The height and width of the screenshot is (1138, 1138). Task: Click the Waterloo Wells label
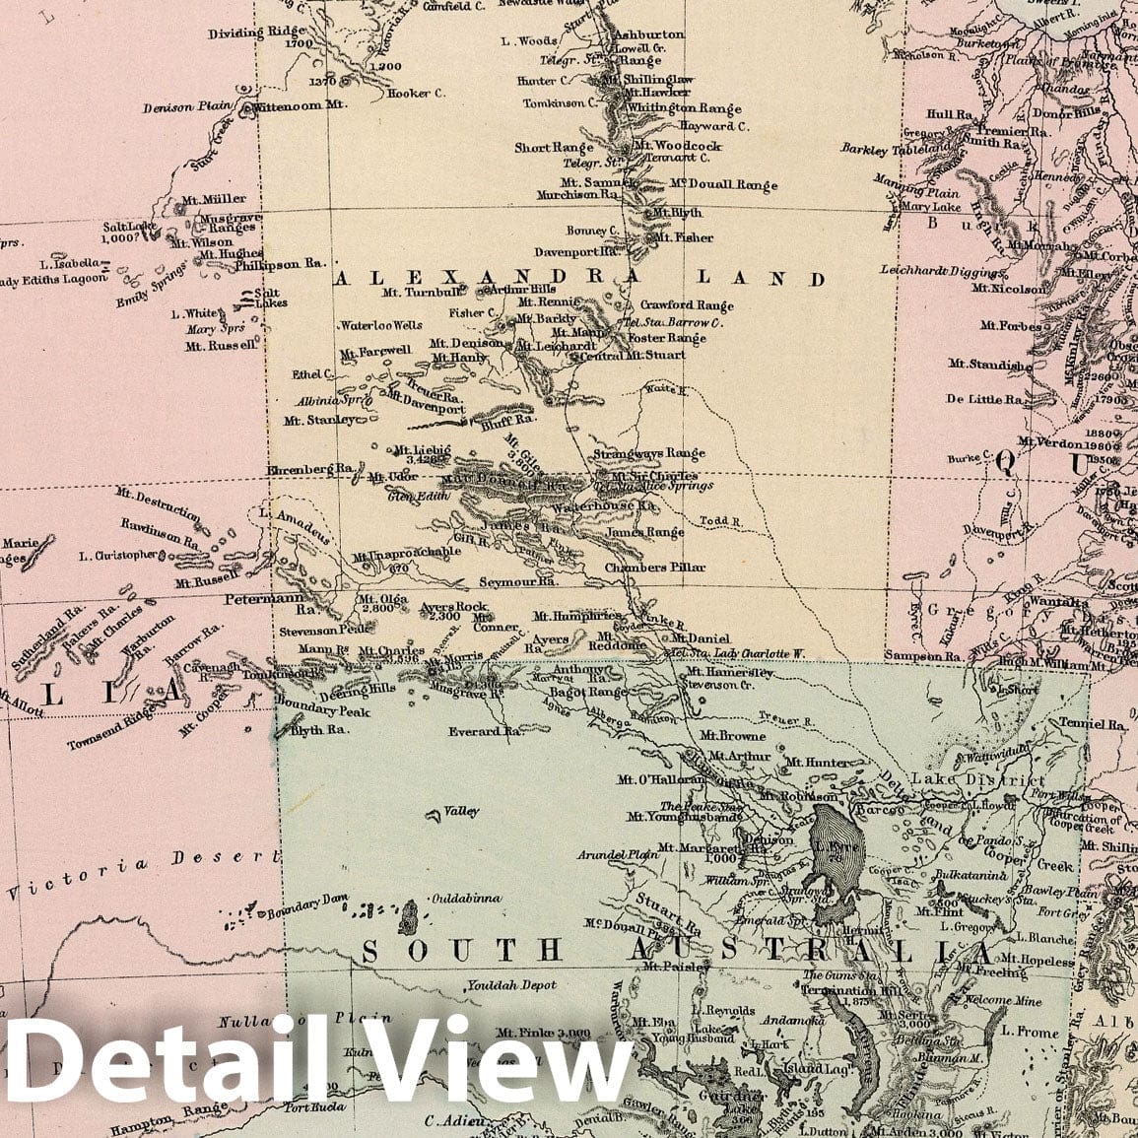point(380,325)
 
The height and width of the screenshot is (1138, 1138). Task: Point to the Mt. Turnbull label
point(426,293)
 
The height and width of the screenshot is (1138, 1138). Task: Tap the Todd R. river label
point(718,520)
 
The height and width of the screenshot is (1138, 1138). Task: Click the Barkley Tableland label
point(889,149)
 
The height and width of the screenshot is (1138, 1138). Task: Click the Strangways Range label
point(649,454)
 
